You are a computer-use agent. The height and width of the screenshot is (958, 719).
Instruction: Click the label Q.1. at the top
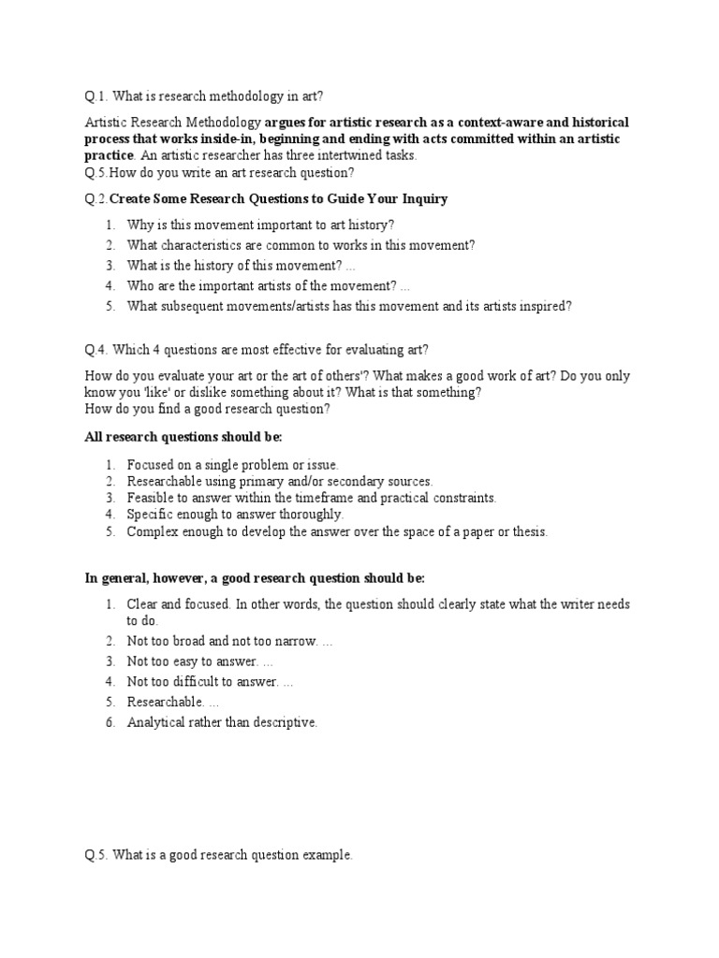pyautogui.click(x=95, y=95)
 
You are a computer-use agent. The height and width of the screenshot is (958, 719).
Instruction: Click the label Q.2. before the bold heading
pyautogui.click(x=96, y=198)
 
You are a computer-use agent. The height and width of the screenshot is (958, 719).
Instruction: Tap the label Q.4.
pyautogui.click(x=96, y=350)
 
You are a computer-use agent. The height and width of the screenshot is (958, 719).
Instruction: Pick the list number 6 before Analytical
pyautogui.click(x=110, y=721)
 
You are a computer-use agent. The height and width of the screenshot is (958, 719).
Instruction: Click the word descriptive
pyautogui.click(x=284, y=721)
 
